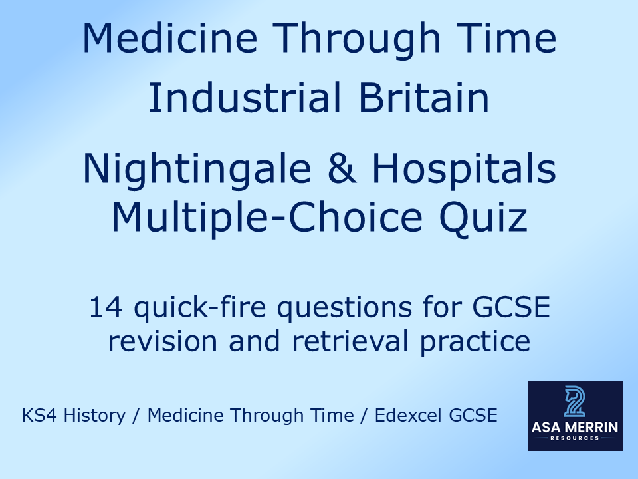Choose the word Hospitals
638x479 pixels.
[464, 170]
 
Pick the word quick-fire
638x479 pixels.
[199, 309]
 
